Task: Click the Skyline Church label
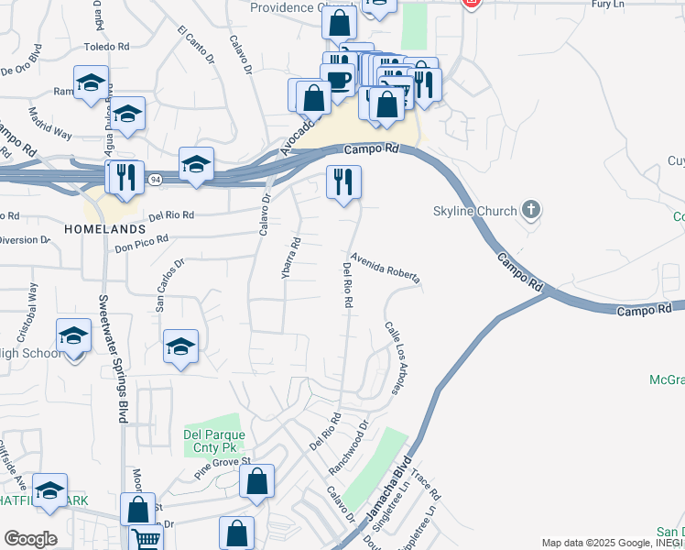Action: (x=474, y=212)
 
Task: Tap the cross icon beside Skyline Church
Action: (x=529, y=211)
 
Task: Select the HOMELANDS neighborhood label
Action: (x=104, y=227)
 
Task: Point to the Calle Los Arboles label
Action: (x=395, y=358)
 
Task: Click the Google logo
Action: (x=30, y=539)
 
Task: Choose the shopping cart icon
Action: (x=146, y=537)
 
